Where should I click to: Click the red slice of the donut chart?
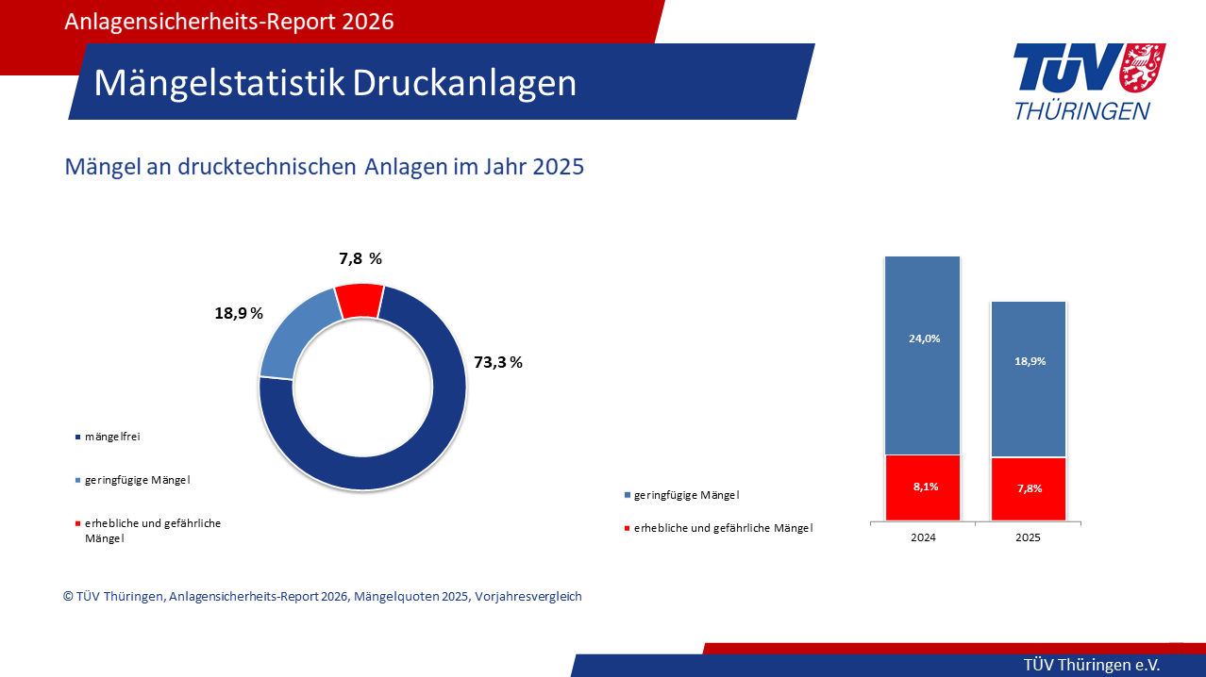click(360, 300)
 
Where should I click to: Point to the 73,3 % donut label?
click(497, 362)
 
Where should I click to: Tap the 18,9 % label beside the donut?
click(239, 313)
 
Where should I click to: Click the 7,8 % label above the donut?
click(360, 258)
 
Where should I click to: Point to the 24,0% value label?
click(924, 338)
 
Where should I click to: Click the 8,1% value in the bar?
click(924, 487)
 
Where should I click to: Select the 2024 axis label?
click(923, 537)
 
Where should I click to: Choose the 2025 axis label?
click(1028, 537)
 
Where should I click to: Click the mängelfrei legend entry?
click(111, 437)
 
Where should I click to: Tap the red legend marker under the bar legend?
click(628, 529)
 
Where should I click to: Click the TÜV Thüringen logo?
click(1088, 82)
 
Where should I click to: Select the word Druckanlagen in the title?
click(464, 83)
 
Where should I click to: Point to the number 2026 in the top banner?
click(363, 22)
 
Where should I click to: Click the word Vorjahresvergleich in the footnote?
click(528, 597)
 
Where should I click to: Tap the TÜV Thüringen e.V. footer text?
click(1092, 665)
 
